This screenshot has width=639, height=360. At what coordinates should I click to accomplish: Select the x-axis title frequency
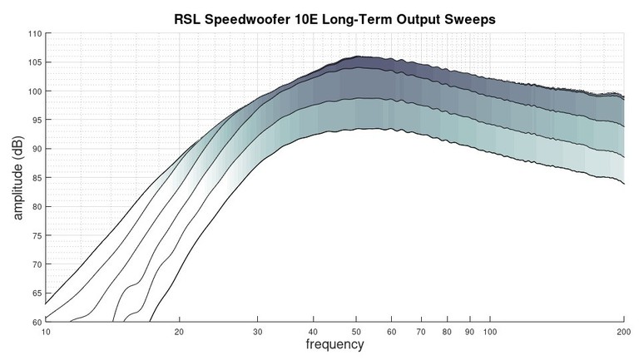(334, 343)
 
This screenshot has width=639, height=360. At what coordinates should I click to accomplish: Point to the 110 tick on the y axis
(34, 34)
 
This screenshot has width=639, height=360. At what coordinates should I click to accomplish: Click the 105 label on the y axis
(34, 62)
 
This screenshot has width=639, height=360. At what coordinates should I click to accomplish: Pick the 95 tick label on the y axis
(36, 120)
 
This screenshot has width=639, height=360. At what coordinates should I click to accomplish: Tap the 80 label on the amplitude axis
(36, 206)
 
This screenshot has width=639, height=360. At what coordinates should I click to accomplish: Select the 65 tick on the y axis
(36, 293)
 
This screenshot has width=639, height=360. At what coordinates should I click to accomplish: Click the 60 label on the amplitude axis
(36, 321)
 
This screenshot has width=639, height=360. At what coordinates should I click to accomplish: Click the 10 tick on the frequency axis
(46, 331)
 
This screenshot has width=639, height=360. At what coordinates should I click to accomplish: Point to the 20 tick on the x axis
(178, 331)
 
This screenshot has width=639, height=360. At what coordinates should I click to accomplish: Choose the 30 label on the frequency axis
(256, 331)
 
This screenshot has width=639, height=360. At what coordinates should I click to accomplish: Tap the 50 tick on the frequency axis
(355, 331)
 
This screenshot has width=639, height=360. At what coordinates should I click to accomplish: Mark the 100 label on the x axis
(490, 331)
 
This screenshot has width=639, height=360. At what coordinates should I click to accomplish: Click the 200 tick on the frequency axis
(623, 331)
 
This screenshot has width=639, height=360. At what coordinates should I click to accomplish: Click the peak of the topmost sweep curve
(358, 57)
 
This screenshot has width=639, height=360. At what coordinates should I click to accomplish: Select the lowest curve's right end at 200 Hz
(624, 184)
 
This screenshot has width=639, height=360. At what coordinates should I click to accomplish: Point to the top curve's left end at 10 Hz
(46, 293)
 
